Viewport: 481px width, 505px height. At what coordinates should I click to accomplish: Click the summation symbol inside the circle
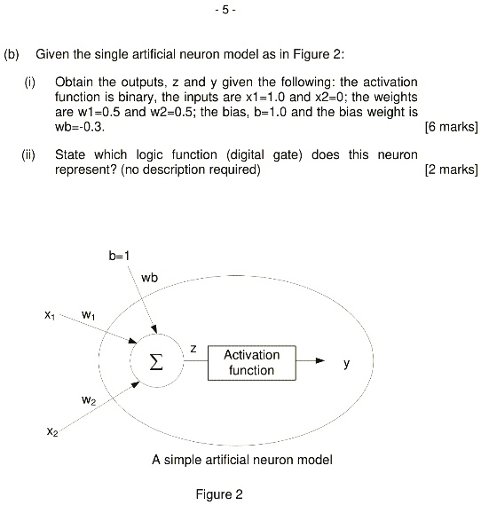point(154,363)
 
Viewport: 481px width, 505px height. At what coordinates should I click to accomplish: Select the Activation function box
point(251,362)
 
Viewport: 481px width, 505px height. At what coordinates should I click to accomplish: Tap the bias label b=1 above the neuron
point(120,256)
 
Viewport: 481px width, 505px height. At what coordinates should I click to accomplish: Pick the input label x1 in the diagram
point(48,313)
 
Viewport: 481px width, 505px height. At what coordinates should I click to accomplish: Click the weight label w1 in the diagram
point(88,313)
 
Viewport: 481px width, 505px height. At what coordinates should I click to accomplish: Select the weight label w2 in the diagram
point(88,401)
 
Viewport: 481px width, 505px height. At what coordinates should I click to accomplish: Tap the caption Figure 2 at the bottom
point(218,493)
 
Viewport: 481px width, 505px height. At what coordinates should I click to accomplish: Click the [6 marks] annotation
point(452,126)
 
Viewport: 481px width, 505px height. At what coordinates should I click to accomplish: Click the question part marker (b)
point(12,53)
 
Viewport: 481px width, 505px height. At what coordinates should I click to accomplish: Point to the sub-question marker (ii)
point(30,154)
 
